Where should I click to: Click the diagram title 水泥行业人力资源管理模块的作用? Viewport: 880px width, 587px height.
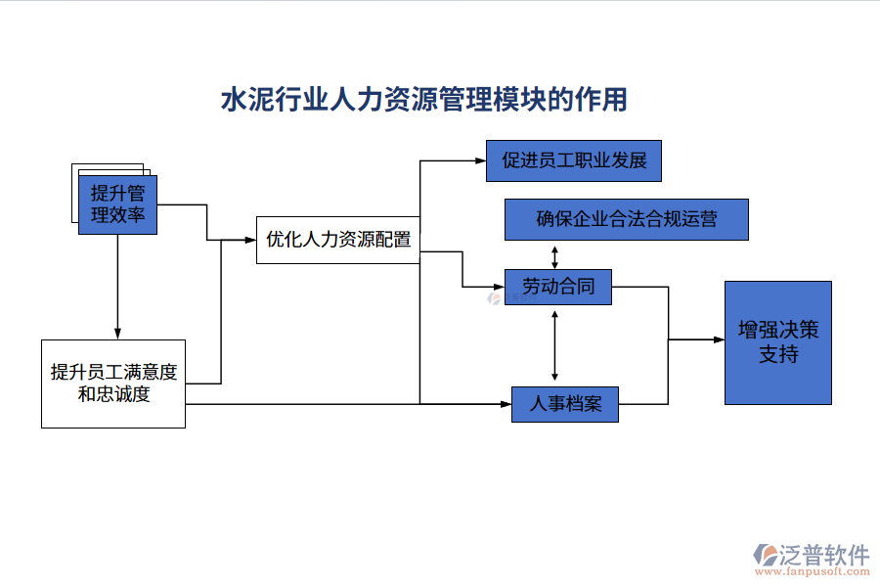(x=423, y=100)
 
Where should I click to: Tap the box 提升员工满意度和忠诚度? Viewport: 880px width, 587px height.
(x=113, y=384)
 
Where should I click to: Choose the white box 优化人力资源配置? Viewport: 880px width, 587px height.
(x=338, y=240)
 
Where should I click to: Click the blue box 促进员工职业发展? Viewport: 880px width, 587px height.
(x=574, y=160)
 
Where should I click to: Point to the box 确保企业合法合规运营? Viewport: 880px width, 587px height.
(x=626, y=219)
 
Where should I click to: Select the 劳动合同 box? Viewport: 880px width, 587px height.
(x=557, y=287)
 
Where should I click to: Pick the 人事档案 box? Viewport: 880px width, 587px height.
(x=564, y=403)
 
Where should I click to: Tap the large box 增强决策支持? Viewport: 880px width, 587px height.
(x=777, y=342)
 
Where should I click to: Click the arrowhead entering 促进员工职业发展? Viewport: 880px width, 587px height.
(x=480, y=160)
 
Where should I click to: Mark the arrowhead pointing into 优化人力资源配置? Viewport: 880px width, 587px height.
(x=250, y=240)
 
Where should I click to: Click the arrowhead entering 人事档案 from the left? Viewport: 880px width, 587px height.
(x=506, y=403)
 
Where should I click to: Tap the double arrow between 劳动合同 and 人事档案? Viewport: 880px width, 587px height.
(x=555, y=345)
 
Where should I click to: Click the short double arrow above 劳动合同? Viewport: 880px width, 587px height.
(x=555, y=254)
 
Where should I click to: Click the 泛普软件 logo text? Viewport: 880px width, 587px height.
(x=825, y=555)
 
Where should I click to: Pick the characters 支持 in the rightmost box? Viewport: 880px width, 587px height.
(x=777, y=354)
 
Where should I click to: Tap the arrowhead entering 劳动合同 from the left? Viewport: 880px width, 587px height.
(x=499, y=287)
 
